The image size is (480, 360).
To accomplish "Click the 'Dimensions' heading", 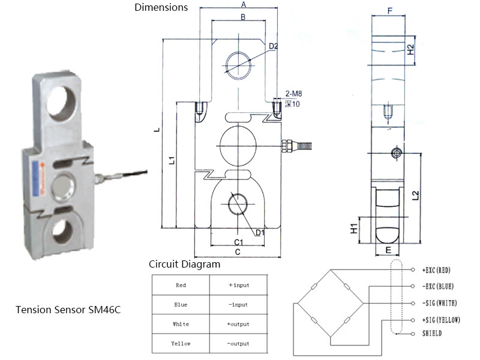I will [161, 8].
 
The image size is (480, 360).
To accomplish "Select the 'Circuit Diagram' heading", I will [184, 264].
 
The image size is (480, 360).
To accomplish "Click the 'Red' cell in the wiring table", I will [181, 285].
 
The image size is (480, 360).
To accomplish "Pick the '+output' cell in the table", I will [238, 324].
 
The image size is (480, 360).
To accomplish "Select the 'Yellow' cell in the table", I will [181, 343].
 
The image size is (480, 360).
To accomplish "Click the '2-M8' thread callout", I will [293, 94].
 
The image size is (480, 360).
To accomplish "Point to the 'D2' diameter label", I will [273, 46].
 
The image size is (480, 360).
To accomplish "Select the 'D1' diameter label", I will [260, 232].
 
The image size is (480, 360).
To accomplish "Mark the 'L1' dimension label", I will [172, 160].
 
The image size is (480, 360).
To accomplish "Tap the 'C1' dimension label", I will [238, 242].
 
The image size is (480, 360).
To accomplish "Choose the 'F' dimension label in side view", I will [391, 10].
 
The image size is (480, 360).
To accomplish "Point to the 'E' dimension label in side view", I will [388, 249].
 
